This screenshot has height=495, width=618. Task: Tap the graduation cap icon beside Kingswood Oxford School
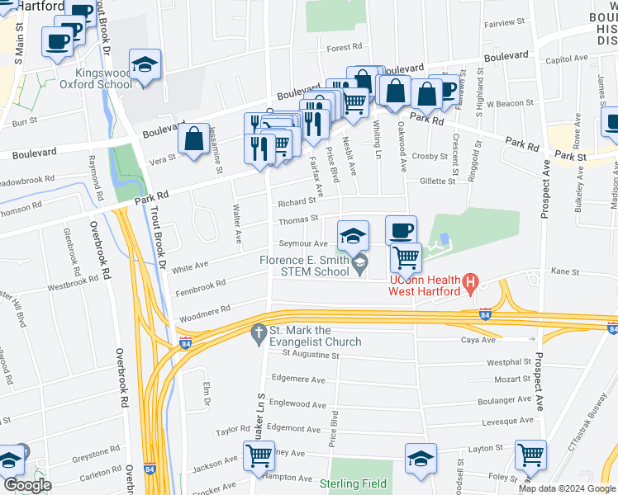click(145, 65)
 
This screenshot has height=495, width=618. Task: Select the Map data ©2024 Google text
click(567, 488)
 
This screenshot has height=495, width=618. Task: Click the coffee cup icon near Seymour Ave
click(402, 230)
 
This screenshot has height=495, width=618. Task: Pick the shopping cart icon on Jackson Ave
click(258, 456)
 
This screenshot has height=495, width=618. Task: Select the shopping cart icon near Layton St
click(530, 455)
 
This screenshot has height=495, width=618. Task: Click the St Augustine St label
click(311, 355)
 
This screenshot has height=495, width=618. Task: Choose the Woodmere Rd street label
click(205, 313)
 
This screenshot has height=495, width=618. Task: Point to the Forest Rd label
click(345, 48)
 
